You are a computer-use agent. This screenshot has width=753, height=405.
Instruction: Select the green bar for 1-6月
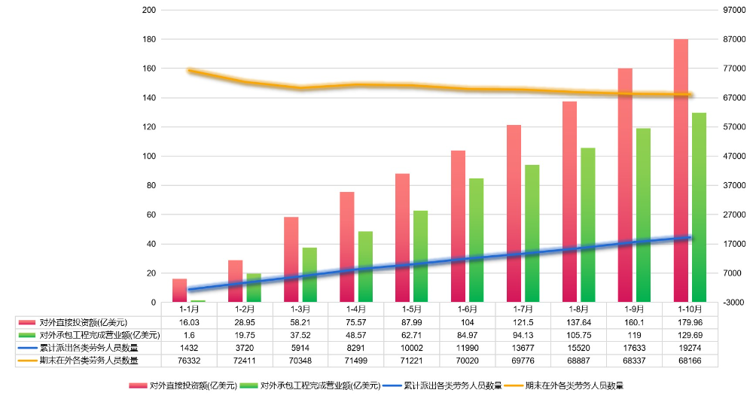point(476,240)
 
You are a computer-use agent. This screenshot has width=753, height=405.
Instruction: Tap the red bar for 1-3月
point(291,260)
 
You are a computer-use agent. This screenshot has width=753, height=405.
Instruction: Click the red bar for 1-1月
point(179,291)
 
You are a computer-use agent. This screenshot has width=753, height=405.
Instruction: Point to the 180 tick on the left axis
point(149,39)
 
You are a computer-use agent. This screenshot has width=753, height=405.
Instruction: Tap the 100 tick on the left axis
point(149,157)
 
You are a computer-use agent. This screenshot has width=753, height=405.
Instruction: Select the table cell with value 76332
point(189,361)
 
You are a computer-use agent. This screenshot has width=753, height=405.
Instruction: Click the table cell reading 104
point(468,322)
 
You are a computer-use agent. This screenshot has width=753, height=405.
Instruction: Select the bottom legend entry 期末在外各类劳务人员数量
point(566,385)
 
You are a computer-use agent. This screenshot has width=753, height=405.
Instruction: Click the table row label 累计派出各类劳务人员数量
point(89,348)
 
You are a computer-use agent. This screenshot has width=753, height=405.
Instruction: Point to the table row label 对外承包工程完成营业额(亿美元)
point(89,335)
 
